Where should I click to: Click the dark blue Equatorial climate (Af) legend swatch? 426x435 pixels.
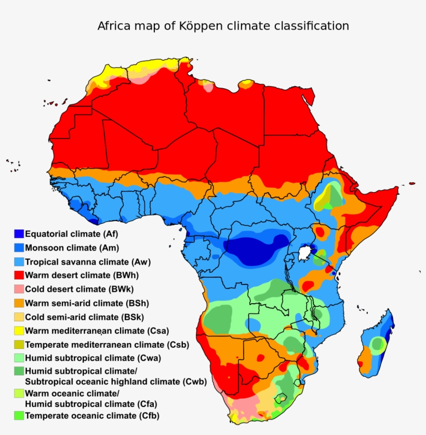coord(19,234)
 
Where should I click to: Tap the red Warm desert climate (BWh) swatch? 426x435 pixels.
coord(19,275)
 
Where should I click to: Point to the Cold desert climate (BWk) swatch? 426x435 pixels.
coord(19,289)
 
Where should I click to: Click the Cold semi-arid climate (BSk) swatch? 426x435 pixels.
coord(19,317)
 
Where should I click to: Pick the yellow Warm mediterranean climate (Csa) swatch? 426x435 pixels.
coord(19,331)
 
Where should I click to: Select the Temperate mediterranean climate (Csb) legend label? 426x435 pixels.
coord(106,345)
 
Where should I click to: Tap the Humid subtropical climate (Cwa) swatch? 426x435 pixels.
coord(19,358)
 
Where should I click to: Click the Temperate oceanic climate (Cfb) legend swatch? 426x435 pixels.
coord(19,416)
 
